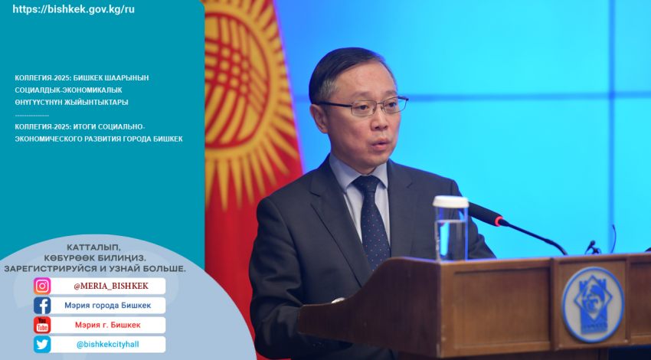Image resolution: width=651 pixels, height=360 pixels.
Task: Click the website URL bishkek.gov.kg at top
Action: [74, 9]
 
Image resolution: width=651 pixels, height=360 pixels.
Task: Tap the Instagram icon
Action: [42, 286]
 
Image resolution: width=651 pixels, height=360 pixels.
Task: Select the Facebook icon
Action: [42, 306]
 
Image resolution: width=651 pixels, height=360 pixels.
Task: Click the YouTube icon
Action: [42, 325]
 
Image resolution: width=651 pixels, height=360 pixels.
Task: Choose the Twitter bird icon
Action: [42, 344]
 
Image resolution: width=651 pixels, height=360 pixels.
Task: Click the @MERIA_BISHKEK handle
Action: [111, 286]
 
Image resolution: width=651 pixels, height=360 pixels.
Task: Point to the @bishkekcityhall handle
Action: [108, 345]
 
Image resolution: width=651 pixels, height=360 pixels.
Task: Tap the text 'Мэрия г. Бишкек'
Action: [108, 325]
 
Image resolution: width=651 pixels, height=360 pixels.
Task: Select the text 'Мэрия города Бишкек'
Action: [107, 306]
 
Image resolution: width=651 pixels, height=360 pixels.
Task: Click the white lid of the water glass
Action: [450, 201]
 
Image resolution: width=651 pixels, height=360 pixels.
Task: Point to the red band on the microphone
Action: [499, 221]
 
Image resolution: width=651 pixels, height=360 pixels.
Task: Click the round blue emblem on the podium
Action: [593, 304]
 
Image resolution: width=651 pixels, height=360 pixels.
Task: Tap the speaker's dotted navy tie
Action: [372, 220]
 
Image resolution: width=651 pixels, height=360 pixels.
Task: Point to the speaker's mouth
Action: [379, 144]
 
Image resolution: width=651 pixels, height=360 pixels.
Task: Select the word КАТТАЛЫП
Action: [94, 248]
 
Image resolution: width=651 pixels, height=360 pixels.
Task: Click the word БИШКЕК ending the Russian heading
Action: [168, 139]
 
